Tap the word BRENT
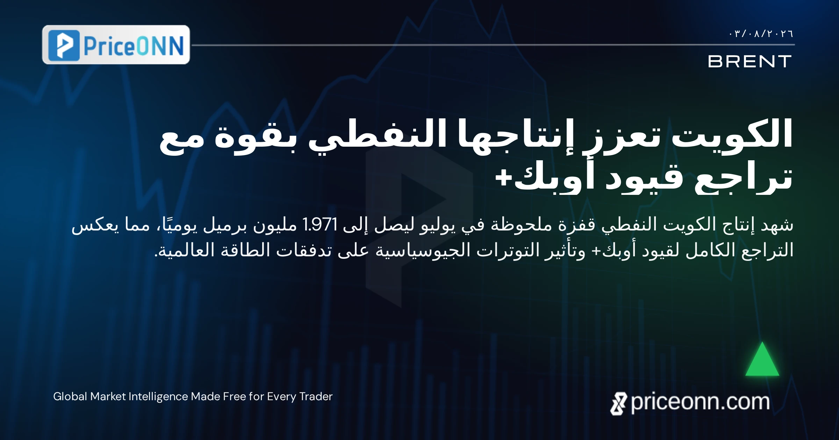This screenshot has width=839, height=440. click(x=750, y=61)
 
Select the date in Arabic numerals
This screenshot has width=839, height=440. click(x=761, y=34)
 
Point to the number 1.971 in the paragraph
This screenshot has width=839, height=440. click(x=320, y=225)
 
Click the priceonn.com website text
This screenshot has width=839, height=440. click(x=700, y=402)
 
